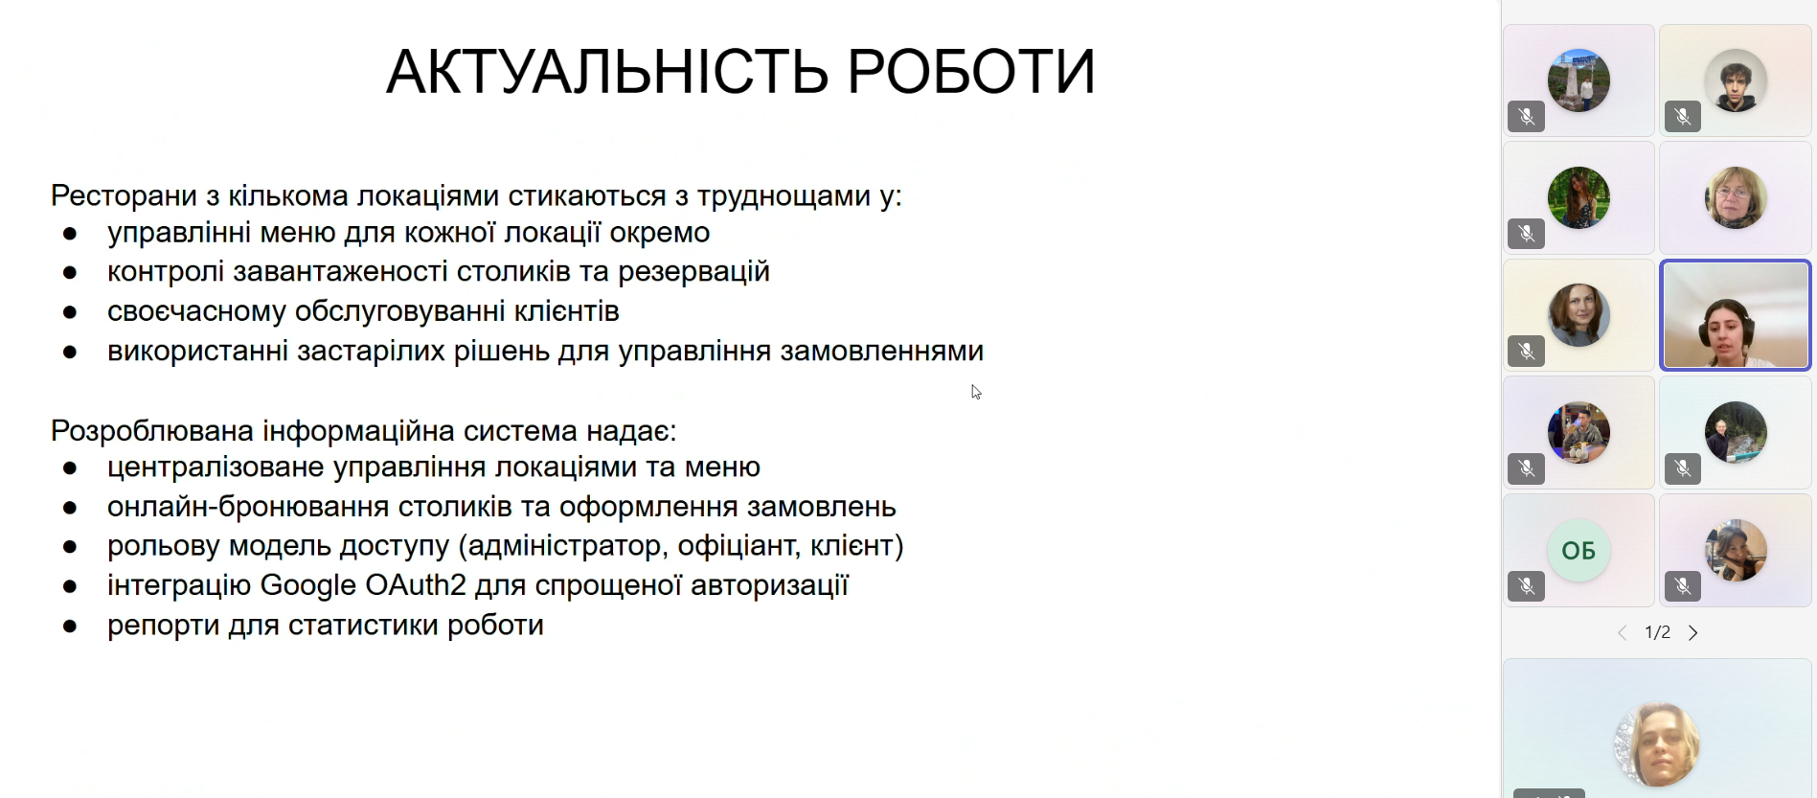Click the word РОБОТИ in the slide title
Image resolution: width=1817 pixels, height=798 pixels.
click(x=971, y=72)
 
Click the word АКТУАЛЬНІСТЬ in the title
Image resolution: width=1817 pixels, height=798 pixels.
click(x=607, y=72)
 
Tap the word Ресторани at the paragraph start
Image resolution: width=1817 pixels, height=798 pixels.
click(x=125, y=196)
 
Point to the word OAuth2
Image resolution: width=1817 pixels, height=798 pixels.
click(x=416, y=585)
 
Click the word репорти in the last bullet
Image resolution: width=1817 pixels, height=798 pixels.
click(x=164, y=627)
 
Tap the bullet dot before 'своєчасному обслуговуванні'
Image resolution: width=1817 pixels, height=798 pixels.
click(x=70, y=312)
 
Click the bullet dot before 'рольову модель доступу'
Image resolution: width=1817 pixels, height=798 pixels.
click(x=70, y=547)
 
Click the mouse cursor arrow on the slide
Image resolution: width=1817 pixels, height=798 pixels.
click(x=976, y=392)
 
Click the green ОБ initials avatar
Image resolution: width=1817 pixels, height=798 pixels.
click(x=1579, y=551)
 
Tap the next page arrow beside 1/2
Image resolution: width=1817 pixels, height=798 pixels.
click(x=1693, y=633)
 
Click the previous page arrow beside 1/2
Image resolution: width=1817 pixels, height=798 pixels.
click(x=1623, y=633)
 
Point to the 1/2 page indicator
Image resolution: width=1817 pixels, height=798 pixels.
click(x=1658, y=633)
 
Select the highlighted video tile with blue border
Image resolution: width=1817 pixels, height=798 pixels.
click(x=1736, y=315)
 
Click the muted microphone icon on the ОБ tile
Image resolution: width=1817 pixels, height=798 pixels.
click(x=1527, y=585)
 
